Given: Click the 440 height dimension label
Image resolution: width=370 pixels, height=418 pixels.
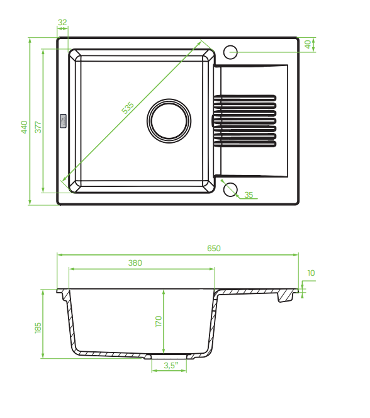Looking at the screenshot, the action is (x=25, y=127).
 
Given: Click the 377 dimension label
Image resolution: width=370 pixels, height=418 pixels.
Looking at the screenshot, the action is (x=38, y=127).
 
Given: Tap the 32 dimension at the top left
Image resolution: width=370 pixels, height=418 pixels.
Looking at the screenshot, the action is (x=62, y=23).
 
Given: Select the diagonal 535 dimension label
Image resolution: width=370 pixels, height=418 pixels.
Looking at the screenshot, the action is (x=128, y=108).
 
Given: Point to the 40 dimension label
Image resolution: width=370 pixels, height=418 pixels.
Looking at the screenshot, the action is (x=308, y=44).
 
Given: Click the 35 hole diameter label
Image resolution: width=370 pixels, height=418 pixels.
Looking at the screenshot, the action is (x=249, y=195).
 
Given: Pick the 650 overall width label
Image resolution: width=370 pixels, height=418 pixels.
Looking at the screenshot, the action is (x=214, y=249).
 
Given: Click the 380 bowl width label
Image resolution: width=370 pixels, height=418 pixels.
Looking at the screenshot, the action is (x=135, y=263).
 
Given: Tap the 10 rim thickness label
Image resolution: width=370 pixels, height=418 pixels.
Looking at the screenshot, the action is (x=311, y=273).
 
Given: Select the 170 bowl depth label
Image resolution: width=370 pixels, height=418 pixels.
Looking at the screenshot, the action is (x=159, y=322).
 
